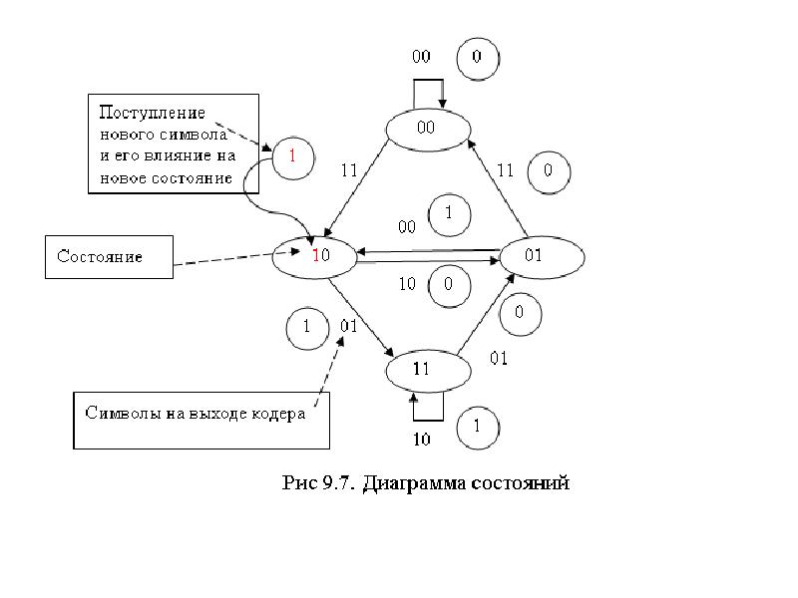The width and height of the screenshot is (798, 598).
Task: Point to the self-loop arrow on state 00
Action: (428, 80)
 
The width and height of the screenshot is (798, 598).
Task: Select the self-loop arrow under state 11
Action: (428, 420)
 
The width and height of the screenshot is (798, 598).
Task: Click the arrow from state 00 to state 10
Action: (356, 188)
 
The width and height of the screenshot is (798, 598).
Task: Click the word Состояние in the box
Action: (100, 256)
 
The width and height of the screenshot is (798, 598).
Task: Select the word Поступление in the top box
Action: (153, 113)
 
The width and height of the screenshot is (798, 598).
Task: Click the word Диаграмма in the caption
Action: (414, 482)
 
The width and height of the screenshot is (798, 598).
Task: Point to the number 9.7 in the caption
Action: (337, 482)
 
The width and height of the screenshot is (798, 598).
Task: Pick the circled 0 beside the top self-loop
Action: (478, 59)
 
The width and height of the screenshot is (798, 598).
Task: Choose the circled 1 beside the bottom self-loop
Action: (478, 428)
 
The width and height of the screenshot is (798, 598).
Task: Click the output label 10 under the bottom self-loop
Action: (421, 439)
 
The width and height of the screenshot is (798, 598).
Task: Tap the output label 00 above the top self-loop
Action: (421, 56)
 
